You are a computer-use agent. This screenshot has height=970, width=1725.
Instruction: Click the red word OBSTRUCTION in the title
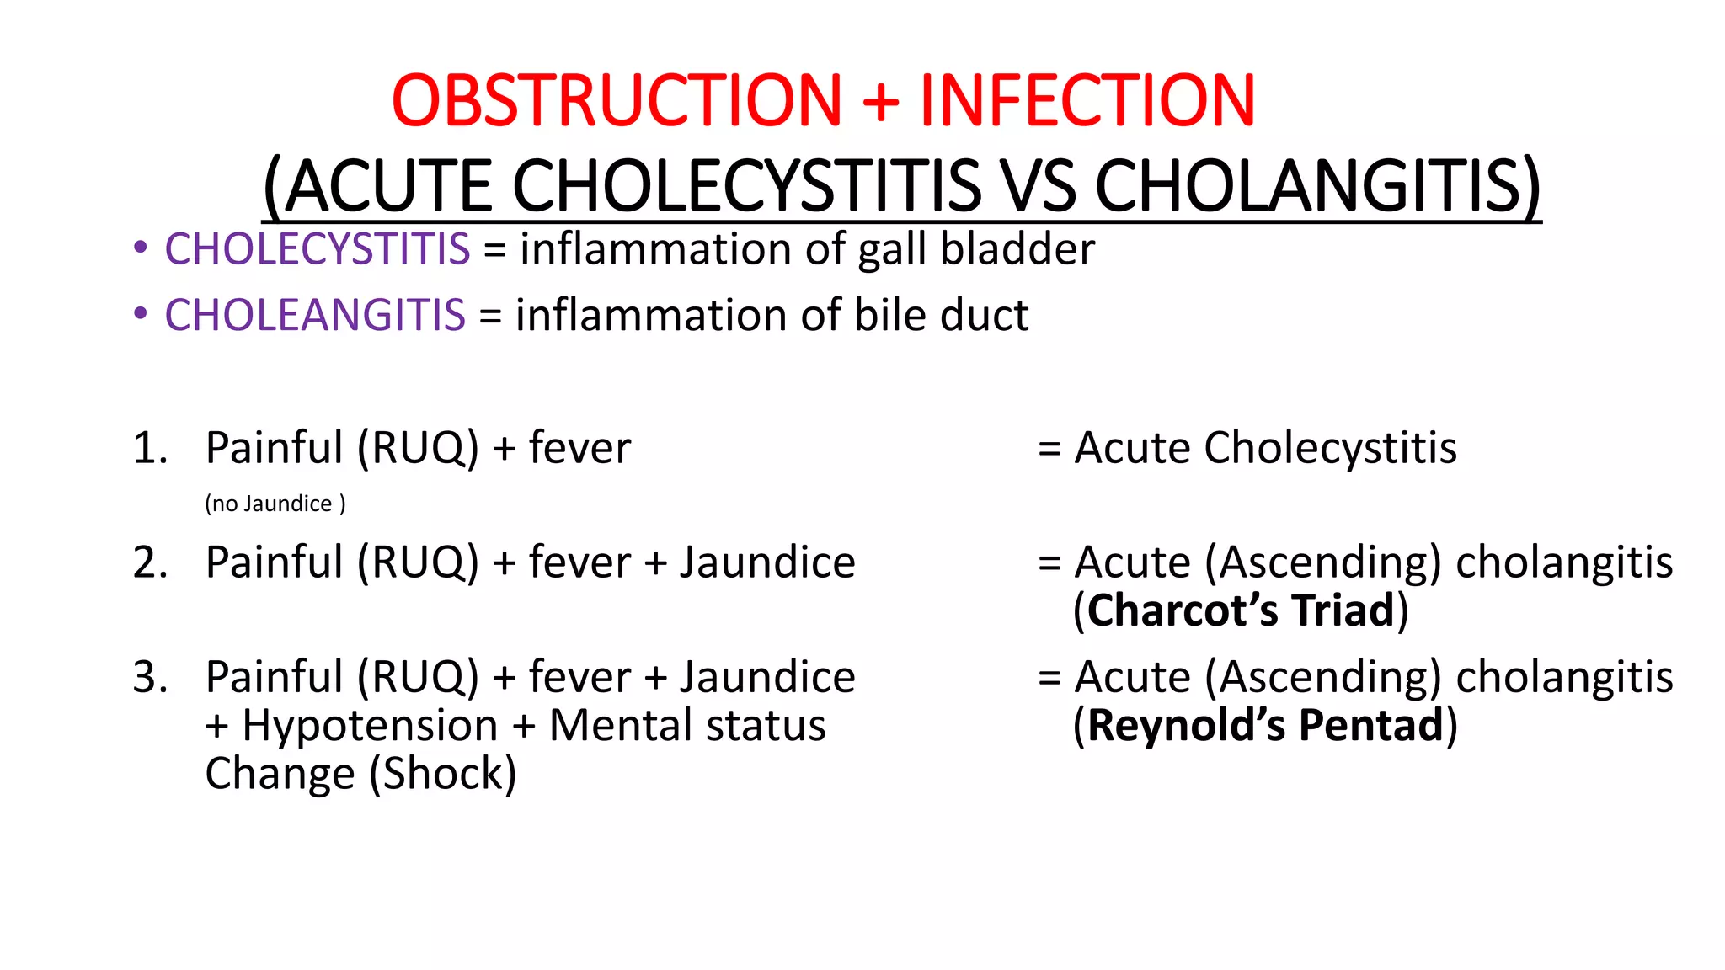(617, 100)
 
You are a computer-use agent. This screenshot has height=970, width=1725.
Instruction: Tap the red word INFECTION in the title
(1087, 100)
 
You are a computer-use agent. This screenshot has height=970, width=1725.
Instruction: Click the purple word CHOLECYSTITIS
(317, 249)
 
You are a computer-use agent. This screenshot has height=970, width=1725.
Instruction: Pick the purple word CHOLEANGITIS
(314, 315)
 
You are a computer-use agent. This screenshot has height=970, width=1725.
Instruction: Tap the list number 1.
(150, 448)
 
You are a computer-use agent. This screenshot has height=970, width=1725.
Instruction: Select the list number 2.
(150, 562)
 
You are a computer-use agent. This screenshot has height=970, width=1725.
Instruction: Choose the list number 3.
(150, 677)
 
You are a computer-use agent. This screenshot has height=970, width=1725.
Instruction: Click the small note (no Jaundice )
(275, 504)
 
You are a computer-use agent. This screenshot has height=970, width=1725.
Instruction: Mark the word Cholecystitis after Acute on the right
(1330, 448)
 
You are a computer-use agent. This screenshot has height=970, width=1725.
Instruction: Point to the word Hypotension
(370, 726)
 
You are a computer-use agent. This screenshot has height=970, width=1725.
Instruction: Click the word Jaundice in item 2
(767, 562)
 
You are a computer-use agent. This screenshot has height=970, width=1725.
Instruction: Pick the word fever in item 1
(579, 448)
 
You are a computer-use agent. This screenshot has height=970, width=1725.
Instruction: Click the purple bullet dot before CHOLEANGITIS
(141, 314)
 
